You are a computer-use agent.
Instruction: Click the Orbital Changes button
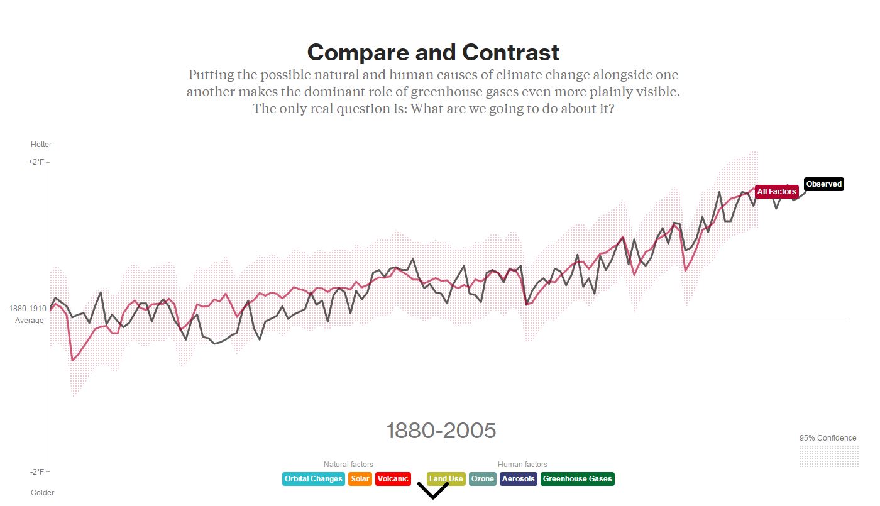[x=313, y=479]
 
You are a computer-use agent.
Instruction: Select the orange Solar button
[x=360, y=479]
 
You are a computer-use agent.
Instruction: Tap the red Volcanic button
[x=393, y=479]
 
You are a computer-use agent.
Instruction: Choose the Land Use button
[x=446, y=479]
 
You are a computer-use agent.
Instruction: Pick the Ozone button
[x=483, y=479]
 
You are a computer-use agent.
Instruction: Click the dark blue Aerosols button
[x=518, y=479]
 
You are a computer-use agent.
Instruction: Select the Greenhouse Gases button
[x=577, y=479]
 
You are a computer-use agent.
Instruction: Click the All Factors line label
[x=776, y=192]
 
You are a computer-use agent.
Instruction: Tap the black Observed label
[x=823, y=184]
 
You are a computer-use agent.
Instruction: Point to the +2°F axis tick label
[x=36, y=162]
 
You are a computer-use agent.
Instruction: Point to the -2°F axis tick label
[x=36, y=471]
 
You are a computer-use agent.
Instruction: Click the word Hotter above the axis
[x=41, y=145]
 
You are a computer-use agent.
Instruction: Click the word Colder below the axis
[x=42, y=493]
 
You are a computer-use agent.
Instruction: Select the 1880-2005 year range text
[x=441, y=431]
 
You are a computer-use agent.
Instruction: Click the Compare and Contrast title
[x=433, y=52]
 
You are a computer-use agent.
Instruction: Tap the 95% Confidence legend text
[x=827, y=438]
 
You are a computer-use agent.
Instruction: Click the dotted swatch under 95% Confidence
[x=828, y=456]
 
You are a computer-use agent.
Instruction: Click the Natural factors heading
[x=348, y=465]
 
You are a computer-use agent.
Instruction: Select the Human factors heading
[x=522, y=465]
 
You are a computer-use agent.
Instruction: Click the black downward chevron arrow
[x=432, y=492]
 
